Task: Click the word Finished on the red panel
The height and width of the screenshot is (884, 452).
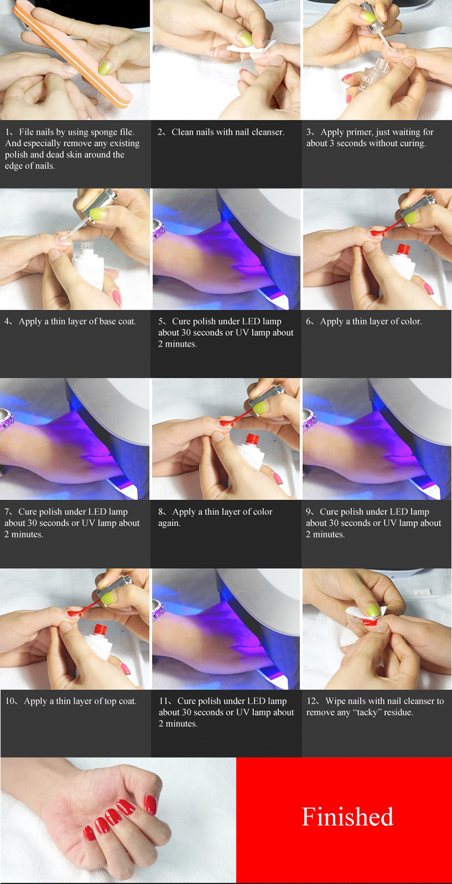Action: click(x=347, y=817)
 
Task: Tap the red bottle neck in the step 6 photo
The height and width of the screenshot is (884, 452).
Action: click(x=403, y=249)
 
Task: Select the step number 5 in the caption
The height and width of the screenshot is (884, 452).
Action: click(x=160, y=322)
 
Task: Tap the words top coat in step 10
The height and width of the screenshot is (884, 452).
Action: click(x=120, y=701)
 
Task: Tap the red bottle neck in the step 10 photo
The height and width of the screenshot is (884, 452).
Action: click(x=100, y=630)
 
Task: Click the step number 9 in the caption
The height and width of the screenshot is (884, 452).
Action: click(x=308, y=512)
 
